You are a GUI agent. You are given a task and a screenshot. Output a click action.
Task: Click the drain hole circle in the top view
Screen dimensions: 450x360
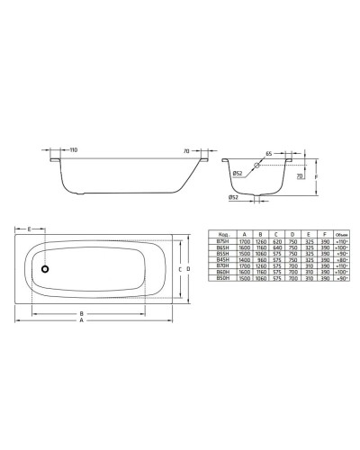(x=41, y=268)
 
